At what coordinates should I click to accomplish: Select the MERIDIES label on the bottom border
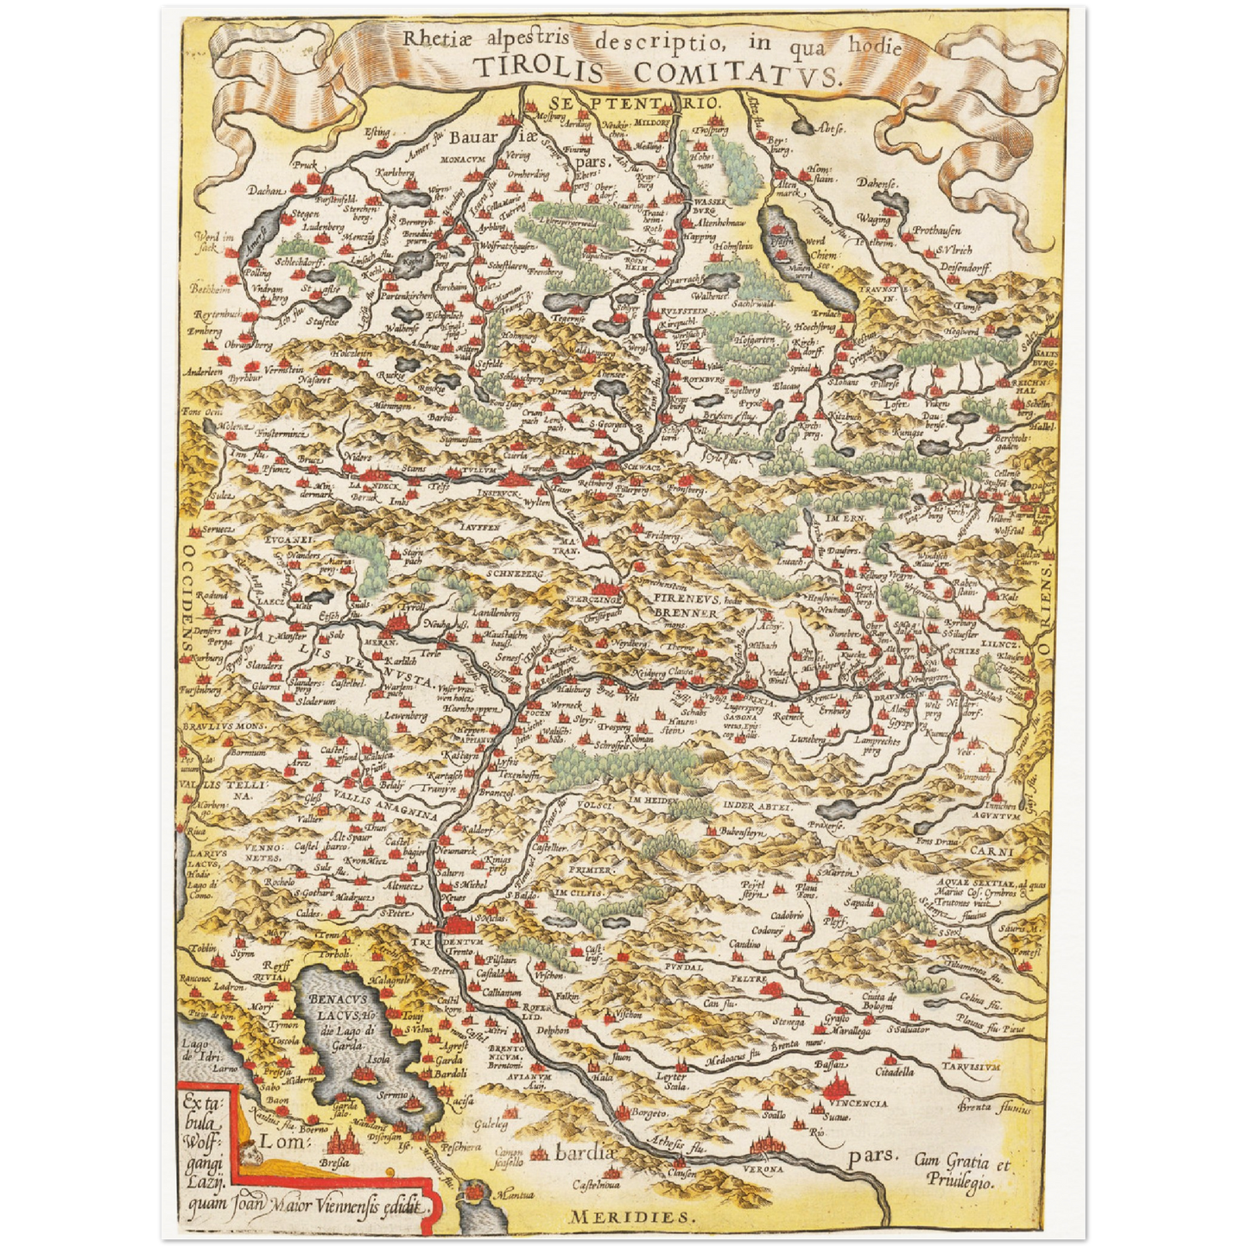[x=630, y=1217]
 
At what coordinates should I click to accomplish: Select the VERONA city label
[x=763, y=1168]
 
